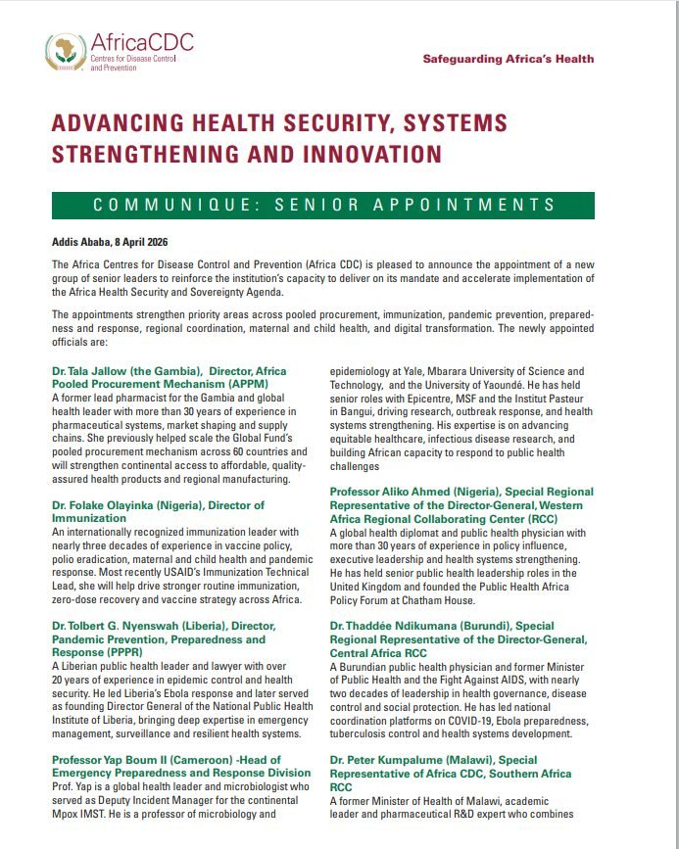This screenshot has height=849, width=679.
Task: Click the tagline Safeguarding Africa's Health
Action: pos(508,59)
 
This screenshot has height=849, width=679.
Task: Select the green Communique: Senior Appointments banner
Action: pos(323,205)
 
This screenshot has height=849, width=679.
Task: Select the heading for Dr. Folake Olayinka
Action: pos(158,511)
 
